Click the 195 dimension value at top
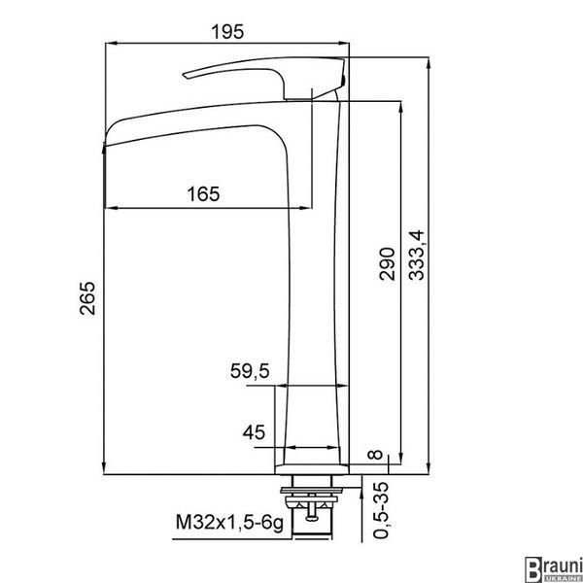pos(227,32)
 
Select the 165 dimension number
pos(203,194)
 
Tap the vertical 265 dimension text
pos(87,298)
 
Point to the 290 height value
pos(387,263)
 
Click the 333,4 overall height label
pos(417,256)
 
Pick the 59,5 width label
pos(250,371)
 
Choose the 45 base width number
pos(255,432)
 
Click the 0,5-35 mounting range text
pos(381,510)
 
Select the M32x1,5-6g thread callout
pos(229,523)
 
